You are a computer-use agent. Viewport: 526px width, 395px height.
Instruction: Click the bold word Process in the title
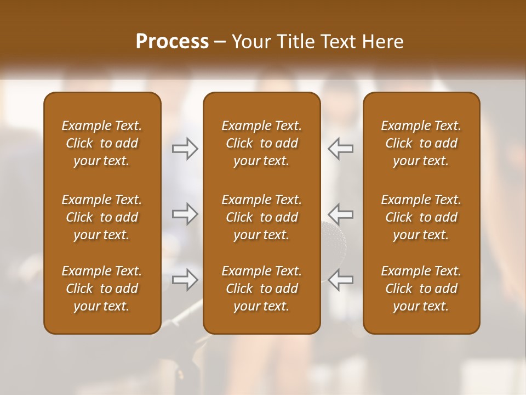172,42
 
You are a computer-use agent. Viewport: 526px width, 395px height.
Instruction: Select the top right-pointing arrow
185,149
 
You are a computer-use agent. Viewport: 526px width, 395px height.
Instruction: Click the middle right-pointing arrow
185,214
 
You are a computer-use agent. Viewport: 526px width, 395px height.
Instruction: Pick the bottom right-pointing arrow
185,280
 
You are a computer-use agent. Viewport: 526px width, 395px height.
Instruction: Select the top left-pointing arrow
340,149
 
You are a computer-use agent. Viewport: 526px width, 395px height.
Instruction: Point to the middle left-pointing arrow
340,214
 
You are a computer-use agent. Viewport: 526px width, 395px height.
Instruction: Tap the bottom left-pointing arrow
340,280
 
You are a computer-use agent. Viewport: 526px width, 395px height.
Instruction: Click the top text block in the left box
102,143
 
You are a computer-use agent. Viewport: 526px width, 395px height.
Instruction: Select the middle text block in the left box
102,217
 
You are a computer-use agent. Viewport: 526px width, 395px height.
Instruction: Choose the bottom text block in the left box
102,289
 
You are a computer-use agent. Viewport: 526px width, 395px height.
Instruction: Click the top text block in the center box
262,143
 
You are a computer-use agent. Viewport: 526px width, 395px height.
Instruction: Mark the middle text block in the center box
262,217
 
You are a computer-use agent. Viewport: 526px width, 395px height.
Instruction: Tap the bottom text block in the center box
262,289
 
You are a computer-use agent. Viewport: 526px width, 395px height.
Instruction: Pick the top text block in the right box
421,143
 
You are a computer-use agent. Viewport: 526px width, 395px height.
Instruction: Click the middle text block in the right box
421,217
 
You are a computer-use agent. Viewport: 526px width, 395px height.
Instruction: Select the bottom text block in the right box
421,289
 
